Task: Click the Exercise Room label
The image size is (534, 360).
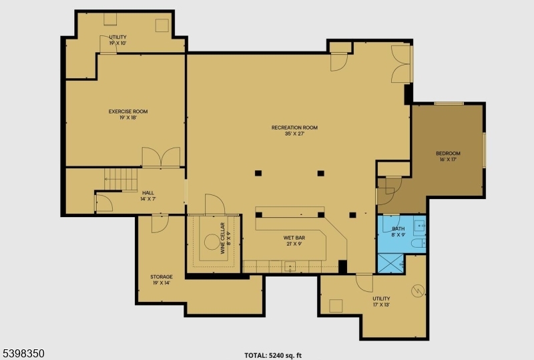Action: pos(128,114)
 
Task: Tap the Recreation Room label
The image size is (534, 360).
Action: pos(294,130)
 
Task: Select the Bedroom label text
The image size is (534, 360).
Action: pos(448,156)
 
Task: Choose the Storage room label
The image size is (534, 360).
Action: pos(161,279)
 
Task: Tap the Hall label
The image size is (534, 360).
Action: pos(148,196)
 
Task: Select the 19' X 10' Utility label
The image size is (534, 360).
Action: pos(117,40)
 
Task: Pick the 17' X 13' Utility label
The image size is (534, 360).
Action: pos(381,301)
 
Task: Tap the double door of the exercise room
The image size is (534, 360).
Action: pos(161,158)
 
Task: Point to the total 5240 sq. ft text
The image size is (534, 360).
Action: pos(278,355)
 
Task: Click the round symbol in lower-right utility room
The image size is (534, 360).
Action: pos(417,291)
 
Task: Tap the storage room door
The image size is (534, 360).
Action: pos(160,224)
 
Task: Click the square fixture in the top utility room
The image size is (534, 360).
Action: pos(162,26)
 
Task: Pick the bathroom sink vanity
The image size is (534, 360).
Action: pos(419,227)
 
